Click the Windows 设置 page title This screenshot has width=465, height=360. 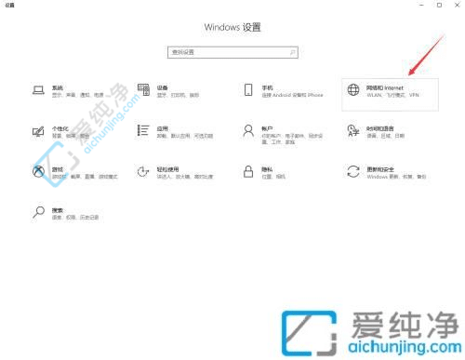coord(232,27)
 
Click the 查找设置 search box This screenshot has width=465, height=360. coord(232,52)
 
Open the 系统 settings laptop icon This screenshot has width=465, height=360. coord(39,89)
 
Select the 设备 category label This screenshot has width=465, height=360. coord(162,85)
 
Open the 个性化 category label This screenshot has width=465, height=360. coord(61,127)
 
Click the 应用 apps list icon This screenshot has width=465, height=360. coord(144,130)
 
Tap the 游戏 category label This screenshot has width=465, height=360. coord(57,167)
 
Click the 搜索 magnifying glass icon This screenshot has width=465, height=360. coord(39,212)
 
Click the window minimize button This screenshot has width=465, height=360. coord(414,5)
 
